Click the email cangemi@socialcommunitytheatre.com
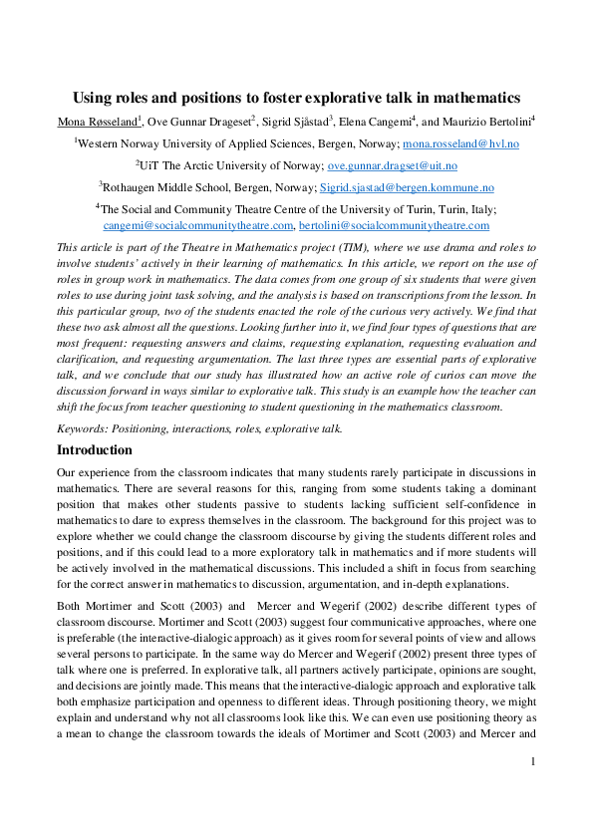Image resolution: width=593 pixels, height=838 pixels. (x=198, y=225)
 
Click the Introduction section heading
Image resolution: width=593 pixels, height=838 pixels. (x=95, y=449)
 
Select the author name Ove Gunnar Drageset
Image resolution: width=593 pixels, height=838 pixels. (x=198, y=122)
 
